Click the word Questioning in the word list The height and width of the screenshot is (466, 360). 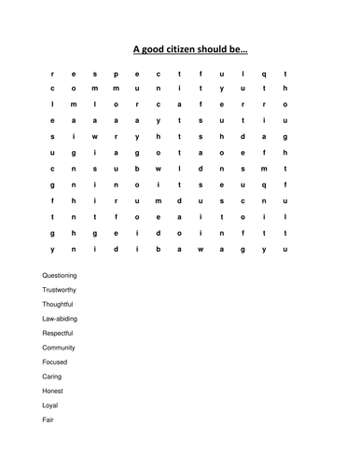(x=60, y=276)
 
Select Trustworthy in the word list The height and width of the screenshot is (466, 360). (x=61, y=290)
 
